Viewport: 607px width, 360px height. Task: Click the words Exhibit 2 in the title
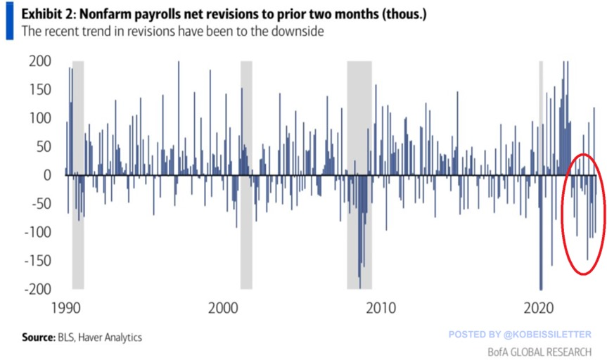pyautogui.click(x=48, y=14)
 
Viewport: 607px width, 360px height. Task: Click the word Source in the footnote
pyautogui.click(x=37, y=337)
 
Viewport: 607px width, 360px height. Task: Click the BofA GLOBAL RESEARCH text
pyautogui.click(x=539, y=351)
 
